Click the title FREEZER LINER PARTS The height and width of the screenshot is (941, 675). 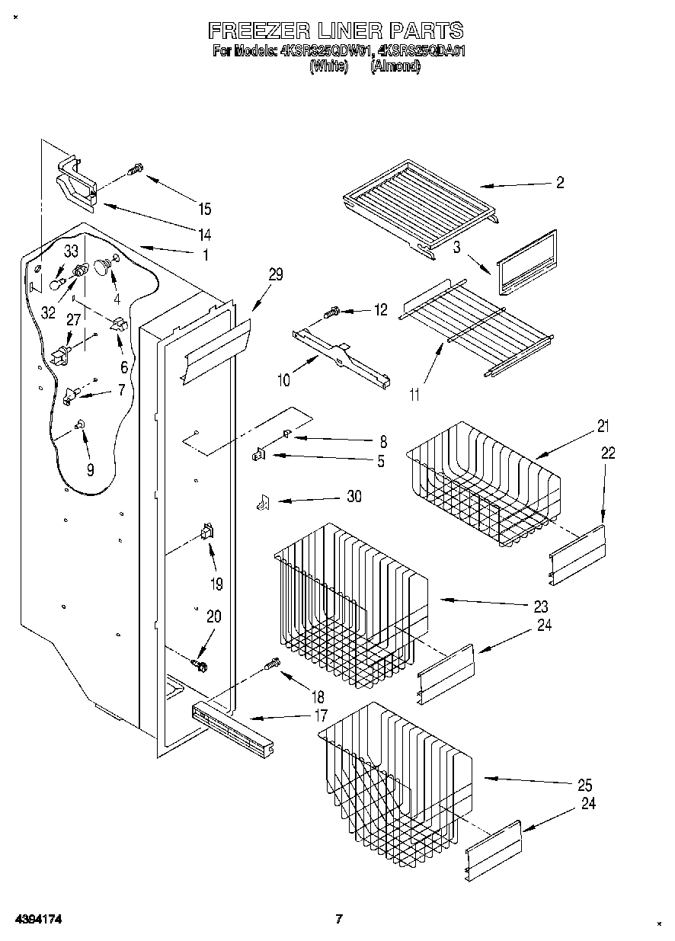335,30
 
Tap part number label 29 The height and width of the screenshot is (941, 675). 275,275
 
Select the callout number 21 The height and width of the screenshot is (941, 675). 603,426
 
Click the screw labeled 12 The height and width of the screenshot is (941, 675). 332,312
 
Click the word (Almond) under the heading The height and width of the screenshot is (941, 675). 395,67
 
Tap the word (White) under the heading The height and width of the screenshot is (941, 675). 328,67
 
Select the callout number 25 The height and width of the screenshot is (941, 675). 584,785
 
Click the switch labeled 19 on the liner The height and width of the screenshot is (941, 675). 206,535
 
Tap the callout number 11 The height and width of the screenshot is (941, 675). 414,395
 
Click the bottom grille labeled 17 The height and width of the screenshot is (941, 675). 232,728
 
